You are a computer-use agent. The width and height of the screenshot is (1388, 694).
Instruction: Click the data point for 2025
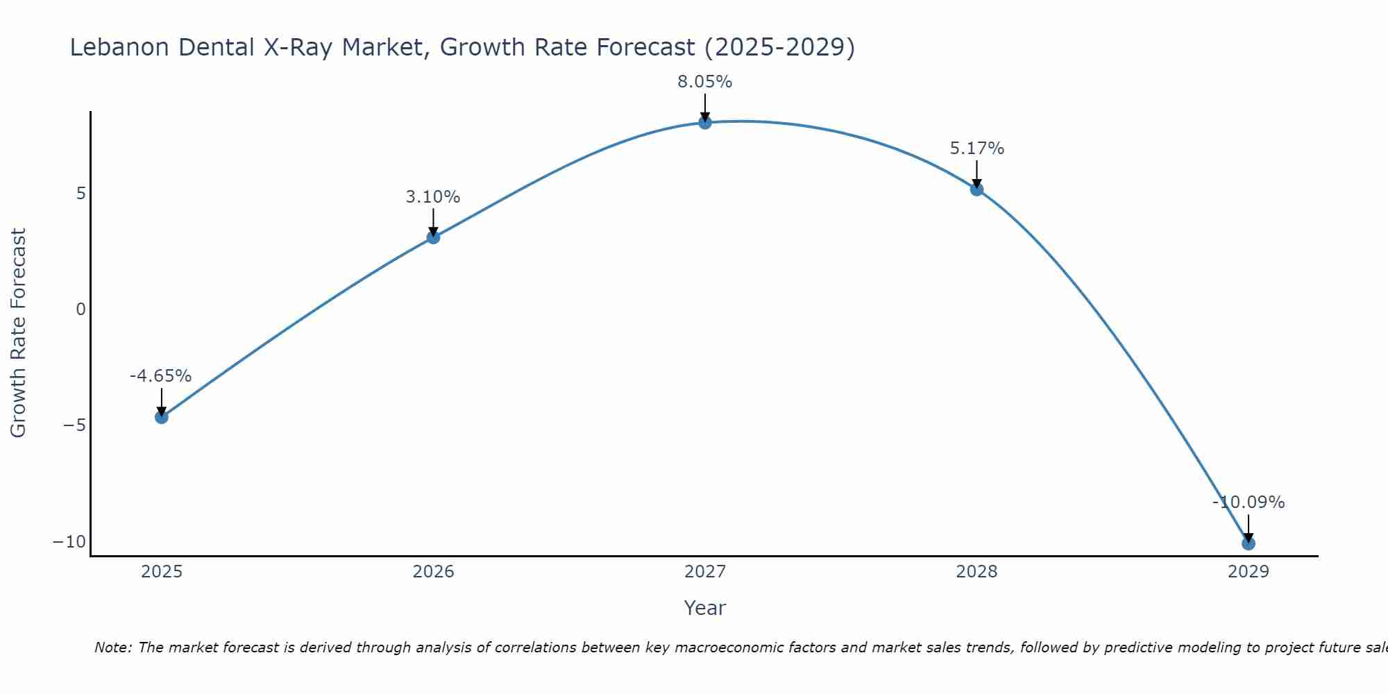(x=161, y=417)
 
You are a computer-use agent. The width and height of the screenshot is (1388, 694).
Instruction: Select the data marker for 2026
(x=433, y=237)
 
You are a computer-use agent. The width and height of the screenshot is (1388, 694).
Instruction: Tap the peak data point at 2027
(x=705, y=123)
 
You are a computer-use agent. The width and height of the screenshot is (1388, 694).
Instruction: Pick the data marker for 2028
(x=976, y=189)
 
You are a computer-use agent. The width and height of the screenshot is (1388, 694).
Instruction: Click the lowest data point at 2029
(x=1249, y=543)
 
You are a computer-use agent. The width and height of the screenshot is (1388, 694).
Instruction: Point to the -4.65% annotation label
(x=160, y=376)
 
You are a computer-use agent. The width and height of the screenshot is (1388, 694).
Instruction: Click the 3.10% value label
(x=433, y=197)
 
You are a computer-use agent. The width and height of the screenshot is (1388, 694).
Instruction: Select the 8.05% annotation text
(x=705, y=82)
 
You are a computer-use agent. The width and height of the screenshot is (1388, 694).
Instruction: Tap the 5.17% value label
(x=976, y=149)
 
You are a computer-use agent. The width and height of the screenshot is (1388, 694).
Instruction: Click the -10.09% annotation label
(x=1249, y=502)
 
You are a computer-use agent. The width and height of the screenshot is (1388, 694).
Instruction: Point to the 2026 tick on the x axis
(x=433, y=572)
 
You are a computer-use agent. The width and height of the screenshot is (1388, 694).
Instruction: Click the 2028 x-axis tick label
(x=976, y=572)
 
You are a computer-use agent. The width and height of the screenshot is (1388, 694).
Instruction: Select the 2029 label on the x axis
(x=1249, y=572)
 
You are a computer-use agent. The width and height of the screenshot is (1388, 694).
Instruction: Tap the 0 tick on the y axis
(x=81, y=310)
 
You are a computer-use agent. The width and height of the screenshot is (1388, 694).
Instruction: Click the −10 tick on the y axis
(x=69, y=542)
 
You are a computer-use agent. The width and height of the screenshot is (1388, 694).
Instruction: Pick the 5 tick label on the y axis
(x=81, y=194)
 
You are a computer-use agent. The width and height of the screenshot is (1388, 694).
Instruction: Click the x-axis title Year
(x=705, y=608)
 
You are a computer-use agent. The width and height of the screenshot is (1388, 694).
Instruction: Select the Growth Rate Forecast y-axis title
(x=18, y=333)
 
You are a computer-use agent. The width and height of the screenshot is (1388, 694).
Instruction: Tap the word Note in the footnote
(x=112, y=648)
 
